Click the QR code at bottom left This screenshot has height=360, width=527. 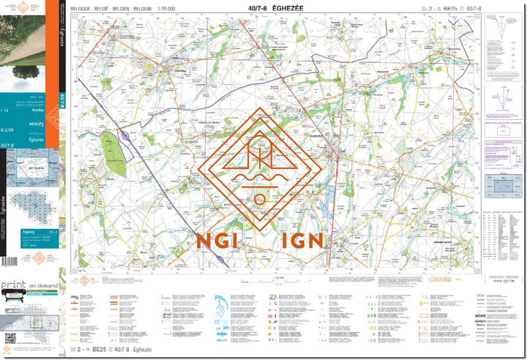pos(10,337)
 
